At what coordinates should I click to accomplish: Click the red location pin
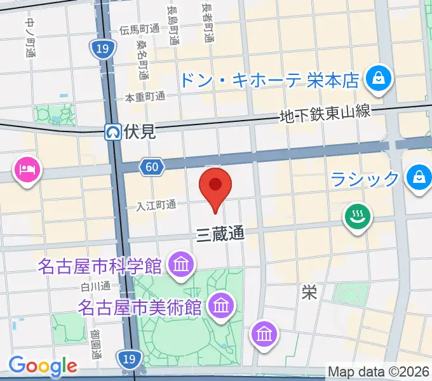click(x=215, y=186)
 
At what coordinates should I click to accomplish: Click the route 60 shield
click(x=151, y=166)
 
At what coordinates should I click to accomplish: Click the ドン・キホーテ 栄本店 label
click(x=271, y=80)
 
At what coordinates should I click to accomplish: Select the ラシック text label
click(x=365, y=178)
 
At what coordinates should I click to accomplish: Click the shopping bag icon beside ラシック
click(x=419, y=177)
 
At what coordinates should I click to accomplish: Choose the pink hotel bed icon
click(x=27, y=170)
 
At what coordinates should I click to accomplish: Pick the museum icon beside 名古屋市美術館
click(x=222, y=305)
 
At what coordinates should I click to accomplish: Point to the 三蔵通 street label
click(x=219, y=234)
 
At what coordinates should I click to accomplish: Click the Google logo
click(x=43, y=366)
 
